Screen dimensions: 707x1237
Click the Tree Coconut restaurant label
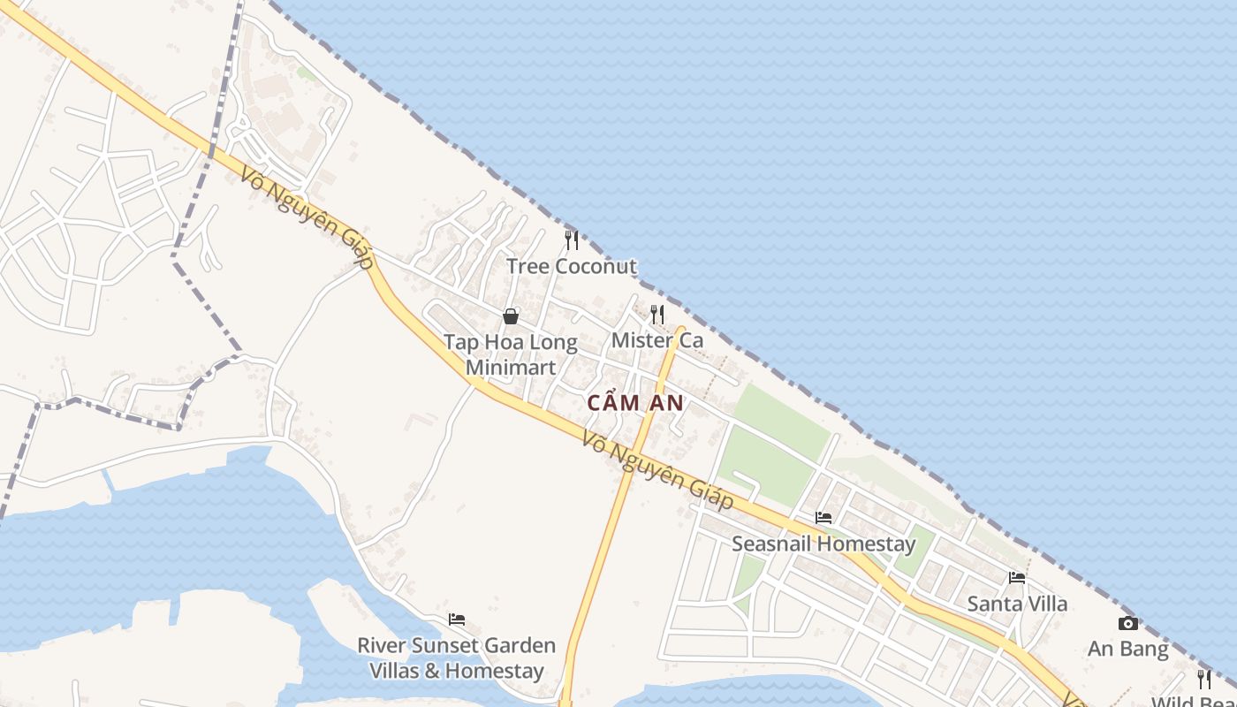pyautogui.click(x=571, y=266)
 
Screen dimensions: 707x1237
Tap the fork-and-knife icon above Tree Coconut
pyautogui.click(x=572, y=239)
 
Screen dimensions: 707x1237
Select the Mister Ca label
pyautogui.click(x=657, y=340)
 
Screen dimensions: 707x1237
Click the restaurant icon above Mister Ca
pyautogui.click(x=657, y=314)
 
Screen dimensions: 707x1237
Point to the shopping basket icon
pyautogui.click(x=511, y=316)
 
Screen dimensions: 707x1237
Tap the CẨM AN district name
pyautogui.click(x=636, y=403)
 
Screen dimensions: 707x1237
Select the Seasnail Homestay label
pyautogui.click(x=823, y=544)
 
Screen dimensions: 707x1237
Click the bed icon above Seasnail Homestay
pyautogui.click(x=823, y=517)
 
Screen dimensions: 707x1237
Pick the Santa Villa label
pyautogui.click(x=1017, y=604)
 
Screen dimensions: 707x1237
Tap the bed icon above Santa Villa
pyautogui.click(x=1017, y=578)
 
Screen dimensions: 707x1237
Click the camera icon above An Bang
pyautogui.click(x=1128, y=624)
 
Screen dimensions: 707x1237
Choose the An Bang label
pyautogui.click(x=1128, y=650)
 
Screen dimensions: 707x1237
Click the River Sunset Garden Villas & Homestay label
pyautogui.click(x=457, y=658)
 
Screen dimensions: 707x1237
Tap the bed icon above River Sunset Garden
pyautogui.click(x=457, y=620)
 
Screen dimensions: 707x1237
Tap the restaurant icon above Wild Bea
pyautogui.click(x=1204, y=679)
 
